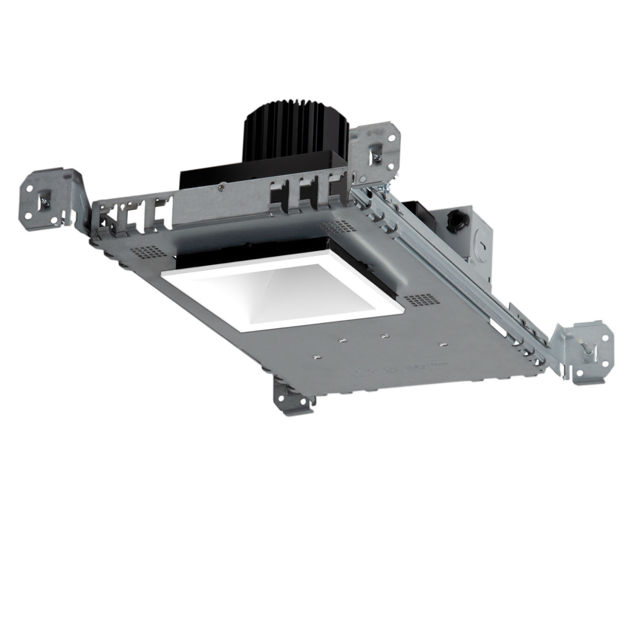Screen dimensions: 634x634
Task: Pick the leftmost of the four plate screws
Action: tap(317, 356)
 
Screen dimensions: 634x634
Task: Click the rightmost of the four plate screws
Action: tap(442, 343)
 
